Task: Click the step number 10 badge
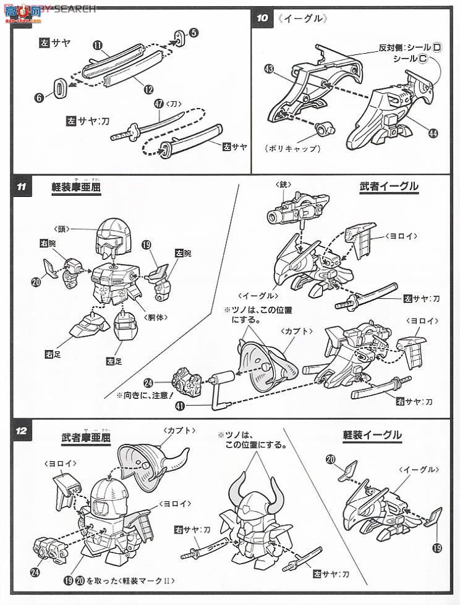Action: pos(263,17)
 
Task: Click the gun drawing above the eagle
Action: pos(298,210)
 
